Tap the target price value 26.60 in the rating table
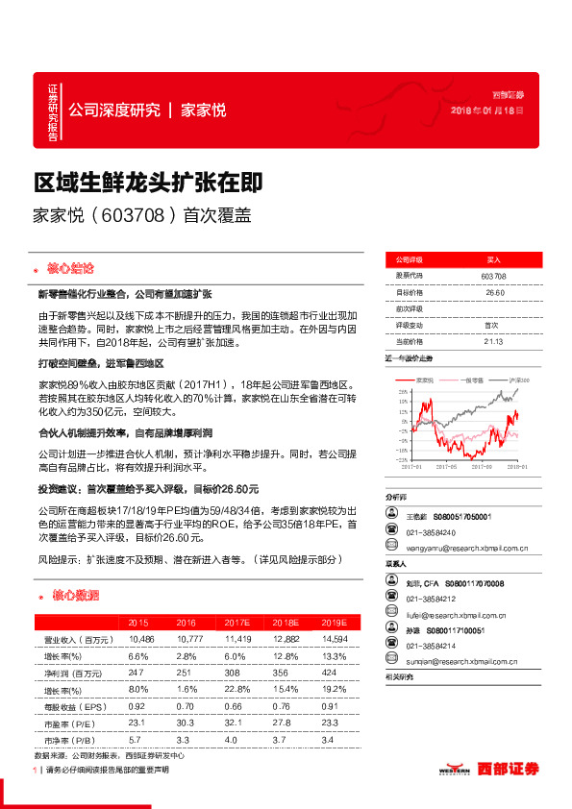(494, 292)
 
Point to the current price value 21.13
(494, 340)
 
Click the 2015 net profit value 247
(137, 674)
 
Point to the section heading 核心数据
(76, 596)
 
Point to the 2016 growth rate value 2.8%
(187, 657)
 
